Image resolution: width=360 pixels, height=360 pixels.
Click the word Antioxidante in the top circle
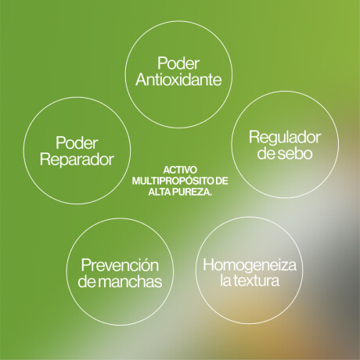tap(178, 80)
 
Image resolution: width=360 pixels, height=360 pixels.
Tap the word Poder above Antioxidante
tap(178, 63)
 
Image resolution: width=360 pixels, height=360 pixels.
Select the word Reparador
tap(77, 160)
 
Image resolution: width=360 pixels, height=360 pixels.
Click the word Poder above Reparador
tap(77, 143)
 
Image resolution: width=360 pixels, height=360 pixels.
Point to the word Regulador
tap(285, 138)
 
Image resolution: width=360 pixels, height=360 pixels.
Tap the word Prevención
tap(120, 265)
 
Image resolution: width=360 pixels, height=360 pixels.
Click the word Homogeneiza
tap(250, 265)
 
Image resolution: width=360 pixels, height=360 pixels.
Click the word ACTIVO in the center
tap(180, 170)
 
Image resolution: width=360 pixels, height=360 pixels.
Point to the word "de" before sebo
tap(266, 153)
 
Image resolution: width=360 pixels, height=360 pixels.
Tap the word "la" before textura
tap(225, 281)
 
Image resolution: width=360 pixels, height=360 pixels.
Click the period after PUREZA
tap(211, 195)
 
